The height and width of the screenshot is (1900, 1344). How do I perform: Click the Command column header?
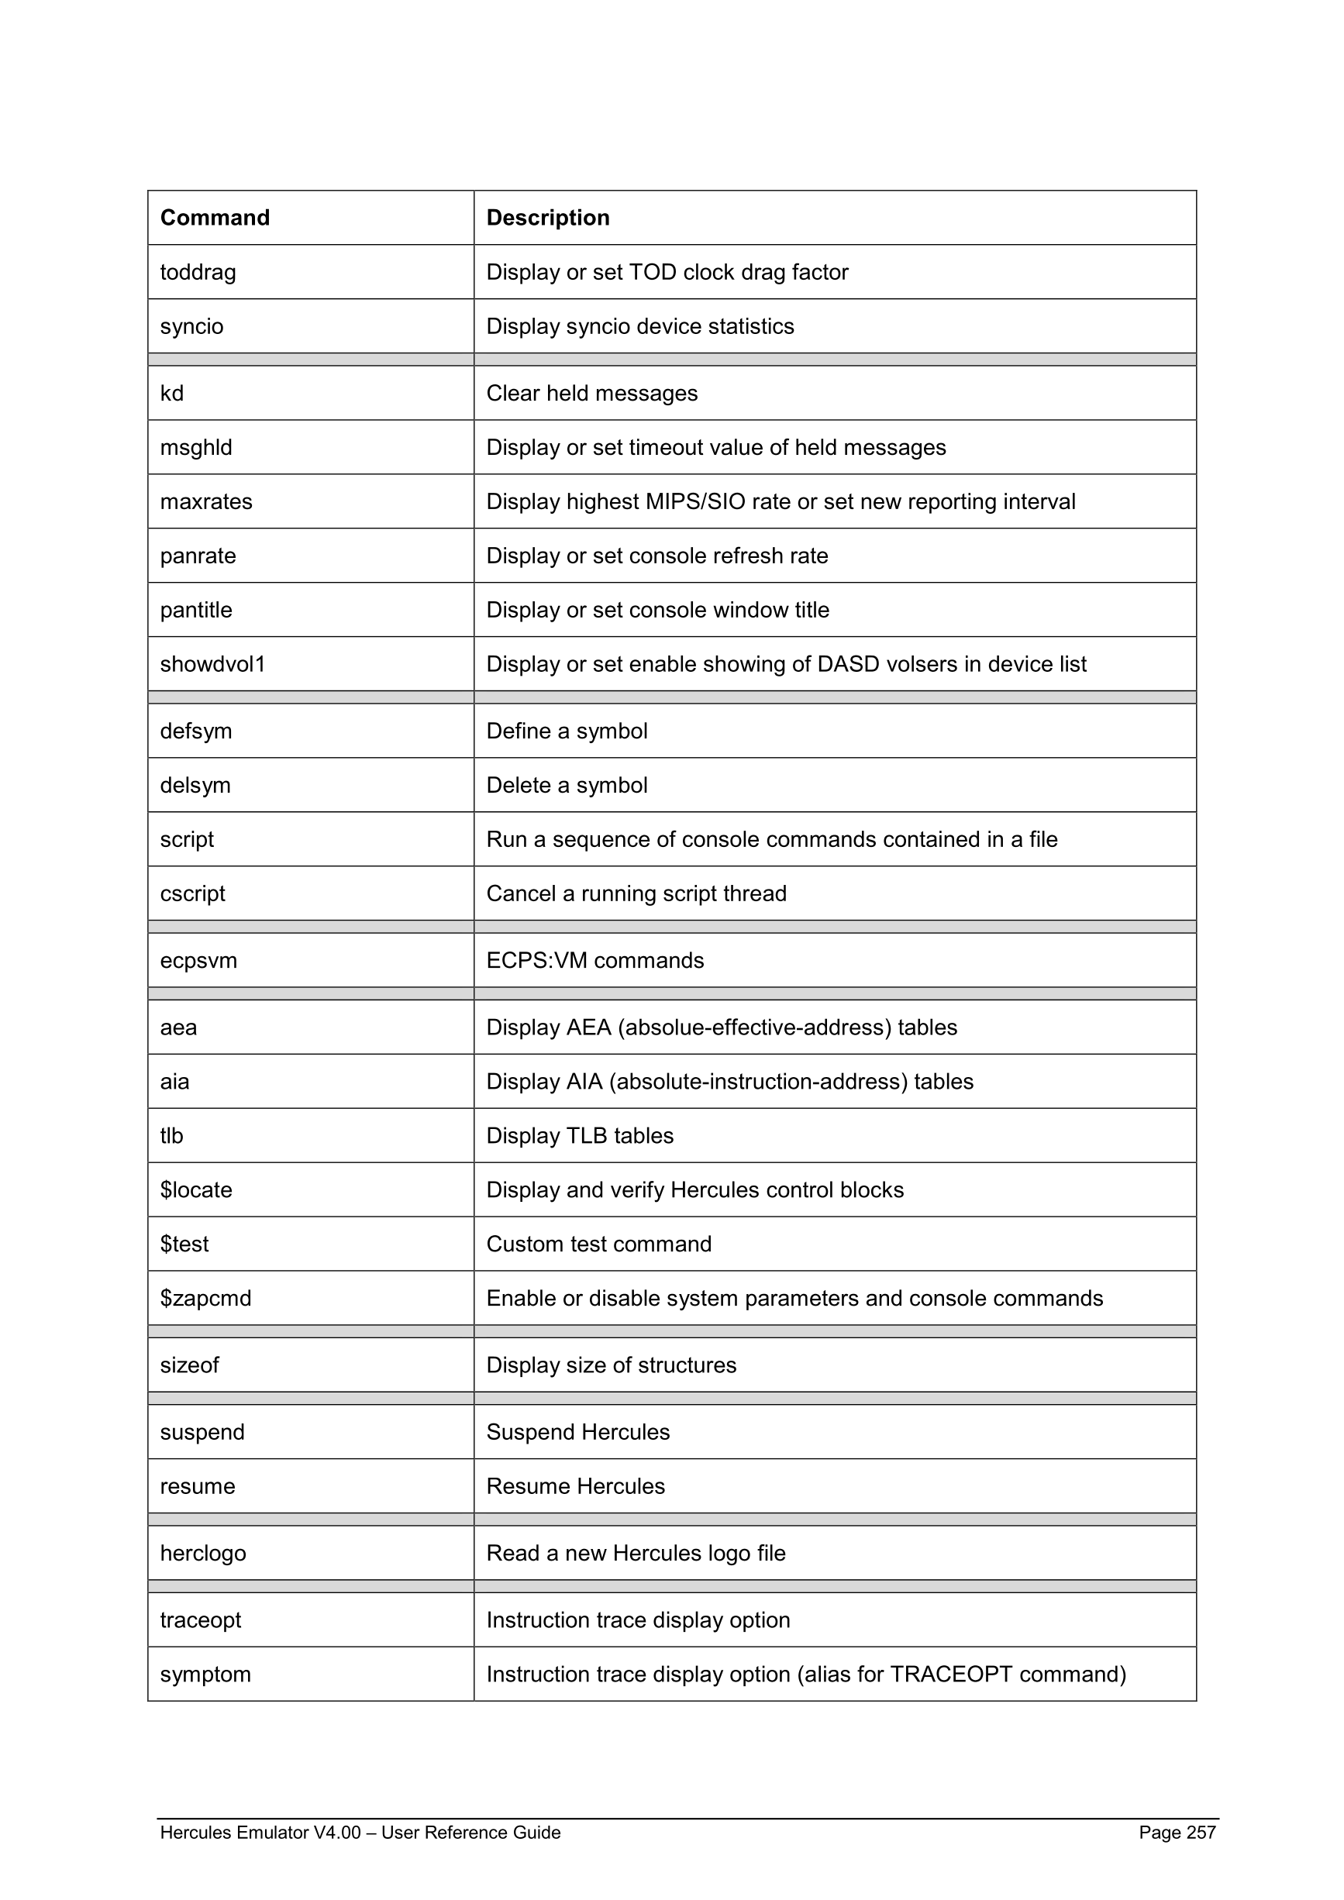point(215,218)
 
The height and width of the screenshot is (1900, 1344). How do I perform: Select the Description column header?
point(547,218)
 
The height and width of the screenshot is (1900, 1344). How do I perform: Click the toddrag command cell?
point(198,272)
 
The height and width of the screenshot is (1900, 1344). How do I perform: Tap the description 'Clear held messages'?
point(591,393)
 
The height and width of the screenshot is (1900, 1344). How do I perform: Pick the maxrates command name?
point(206,501)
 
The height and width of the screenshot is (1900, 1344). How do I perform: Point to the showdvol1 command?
point(212,663)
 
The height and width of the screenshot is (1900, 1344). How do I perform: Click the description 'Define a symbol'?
point(567,731)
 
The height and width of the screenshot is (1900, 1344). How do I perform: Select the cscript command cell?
point(193,893)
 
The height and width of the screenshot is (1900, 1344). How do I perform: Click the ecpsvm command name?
point(198,961)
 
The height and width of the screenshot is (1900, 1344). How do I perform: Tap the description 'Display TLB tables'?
point(579,1135)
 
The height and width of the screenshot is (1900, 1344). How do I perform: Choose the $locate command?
point(196,1190)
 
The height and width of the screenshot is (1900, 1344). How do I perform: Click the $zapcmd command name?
point(205,1299)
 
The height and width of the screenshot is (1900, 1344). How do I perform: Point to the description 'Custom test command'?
point(598,1244)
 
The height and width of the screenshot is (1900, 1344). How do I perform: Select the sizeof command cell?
point(190,1365)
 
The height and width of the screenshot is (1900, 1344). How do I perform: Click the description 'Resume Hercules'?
point(575,1486)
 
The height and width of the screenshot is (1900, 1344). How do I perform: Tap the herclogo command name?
point(203,1554)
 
